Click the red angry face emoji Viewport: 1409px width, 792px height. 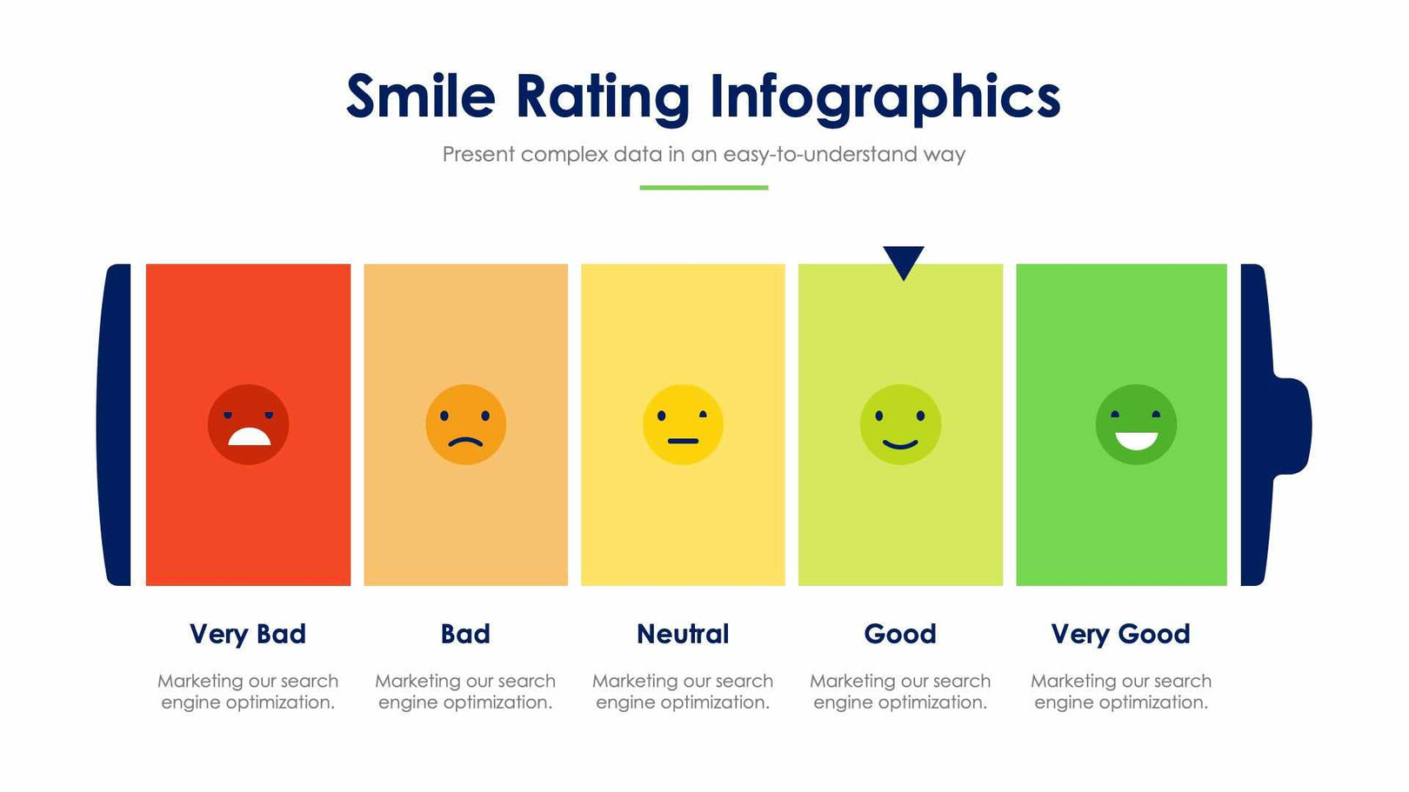[248, 424]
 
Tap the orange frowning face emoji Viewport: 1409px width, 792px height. [465, 424]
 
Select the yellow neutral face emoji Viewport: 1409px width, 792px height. [683, 424]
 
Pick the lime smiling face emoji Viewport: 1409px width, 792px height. [900, 424]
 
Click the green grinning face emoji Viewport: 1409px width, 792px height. [1136, 424]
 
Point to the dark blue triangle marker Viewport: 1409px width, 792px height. [903, 260]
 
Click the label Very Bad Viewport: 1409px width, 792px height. [248, 634]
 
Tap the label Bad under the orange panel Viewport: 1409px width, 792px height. [465, 634]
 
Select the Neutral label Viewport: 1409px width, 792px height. [683, 634]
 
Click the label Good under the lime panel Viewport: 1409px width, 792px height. [900, 634]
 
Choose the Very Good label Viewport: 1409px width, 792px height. [1120, 634]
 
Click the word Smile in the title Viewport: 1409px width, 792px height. [420, 96]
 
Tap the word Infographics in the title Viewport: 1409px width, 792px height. [885, 96]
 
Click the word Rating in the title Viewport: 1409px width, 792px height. [602, 96]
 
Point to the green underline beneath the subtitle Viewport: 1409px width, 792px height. [704, 187]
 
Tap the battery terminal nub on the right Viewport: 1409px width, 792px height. [1293, 426]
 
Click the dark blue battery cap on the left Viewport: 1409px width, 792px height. [115, 424]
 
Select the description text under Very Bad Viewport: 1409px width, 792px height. [248, 691]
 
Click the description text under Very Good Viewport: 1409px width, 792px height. [1120, 691]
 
